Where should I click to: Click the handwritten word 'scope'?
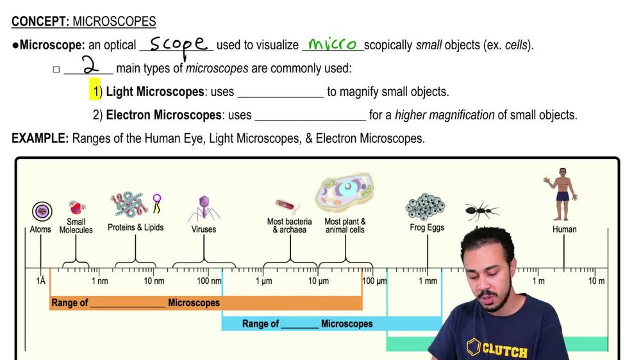[x=179, y=44]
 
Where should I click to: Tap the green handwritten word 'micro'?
[x=332, y=44]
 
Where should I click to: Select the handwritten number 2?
[x=90, y=66]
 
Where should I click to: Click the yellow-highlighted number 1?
[x=95, y=92]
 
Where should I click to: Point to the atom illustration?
[x=42, y=211]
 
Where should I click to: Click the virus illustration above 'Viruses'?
[x=204, y=208]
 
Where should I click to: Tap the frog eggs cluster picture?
[x=426, y=207]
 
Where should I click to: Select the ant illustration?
[x=481, y=209]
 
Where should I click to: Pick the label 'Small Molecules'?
[x=76, y=226]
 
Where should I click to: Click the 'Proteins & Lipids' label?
[x=135, y=227]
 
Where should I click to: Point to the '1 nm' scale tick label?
[x=99, y=281]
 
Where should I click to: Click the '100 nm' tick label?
[x=209, y=281]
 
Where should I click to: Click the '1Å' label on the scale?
[x=41, y=281]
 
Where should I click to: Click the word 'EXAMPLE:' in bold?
[x=40, y=138]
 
